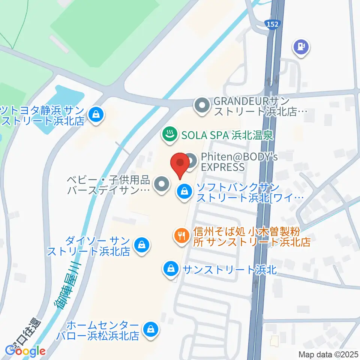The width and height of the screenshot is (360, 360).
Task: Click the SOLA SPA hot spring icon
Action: (x=169, y=133)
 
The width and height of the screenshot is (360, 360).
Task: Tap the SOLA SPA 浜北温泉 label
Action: (x=227, y=134)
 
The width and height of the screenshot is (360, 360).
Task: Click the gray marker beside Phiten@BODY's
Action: (x=191, y=162)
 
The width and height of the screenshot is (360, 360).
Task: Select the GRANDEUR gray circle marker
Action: (x=202, y=105)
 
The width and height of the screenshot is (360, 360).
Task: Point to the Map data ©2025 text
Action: (x=328, y=354)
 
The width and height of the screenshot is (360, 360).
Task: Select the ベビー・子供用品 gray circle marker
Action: (x=162, y=184)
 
